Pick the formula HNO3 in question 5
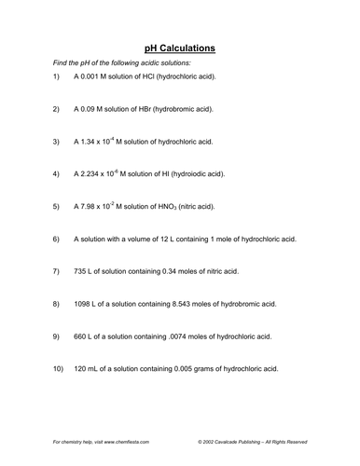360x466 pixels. click(x=163, y=207)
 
